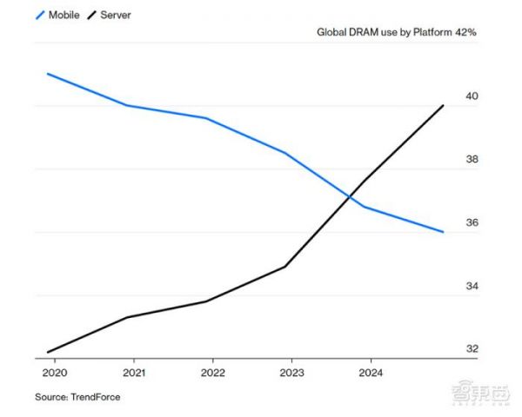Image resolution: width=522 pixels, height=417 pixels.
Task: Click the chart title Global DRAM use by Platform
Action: pos(384,34)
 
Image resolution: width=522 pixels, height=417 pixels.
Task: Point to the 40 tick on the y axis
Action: pos(473,96)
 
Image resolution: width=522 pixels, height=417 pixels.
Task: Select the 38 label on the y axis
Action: pos(473,159)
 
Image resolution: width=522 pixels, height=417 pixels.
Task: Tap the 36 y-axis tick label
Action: pos(473,222)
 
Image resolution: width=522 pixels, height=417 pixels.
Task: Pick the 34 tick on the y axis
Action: pos(473,286)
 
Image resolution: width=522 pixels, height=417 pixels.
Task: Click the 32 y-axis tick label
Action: pos(473,349)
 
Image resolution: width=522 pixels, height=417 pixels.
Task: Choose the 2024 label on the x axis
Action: pos(371,373)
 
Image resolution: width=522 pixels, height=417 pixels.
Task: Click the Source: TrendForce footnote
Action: pos(77,397)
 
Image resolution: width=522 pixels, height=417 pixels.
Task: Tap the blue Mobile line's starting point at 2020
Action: pos(48,74)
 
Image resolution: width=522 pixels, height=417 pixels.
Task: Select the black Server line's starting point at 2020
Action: pos(48,352)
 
